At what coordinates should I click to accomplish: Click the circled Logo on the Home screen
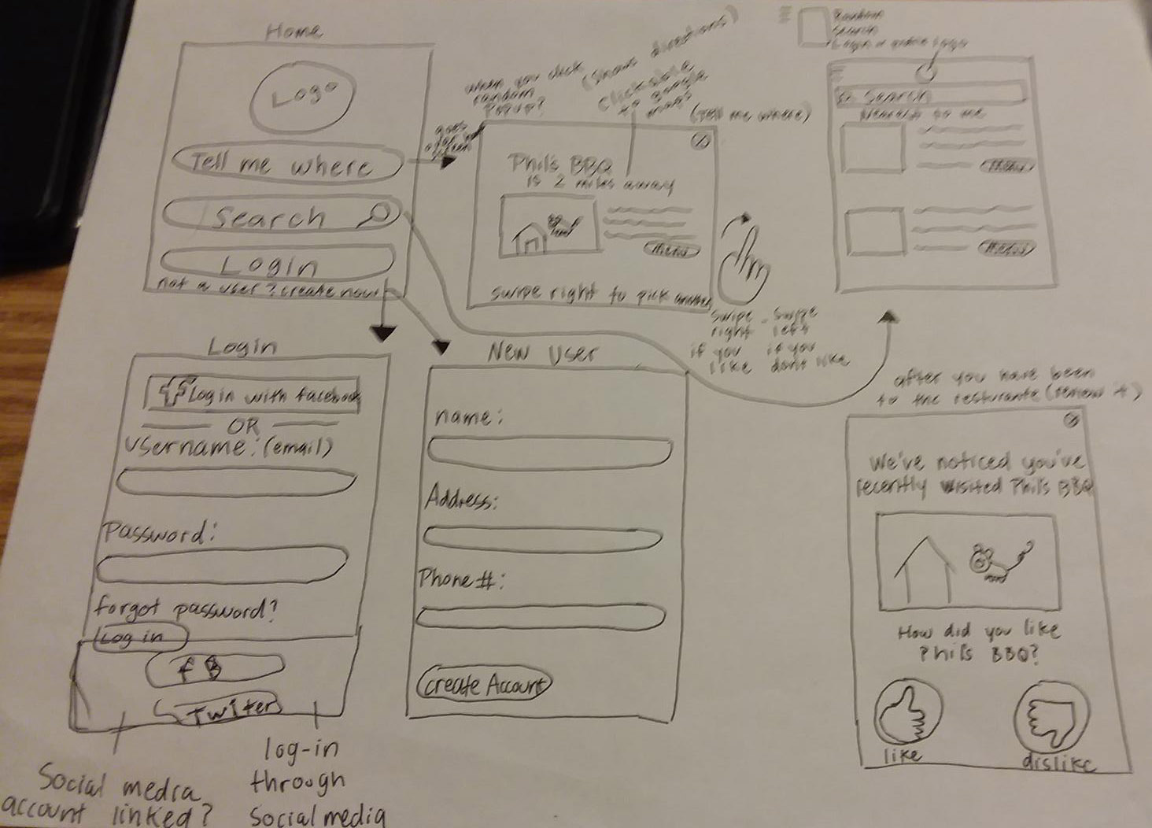[303, 97]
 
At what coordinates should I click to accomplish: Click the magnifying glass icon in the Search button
[379, 213]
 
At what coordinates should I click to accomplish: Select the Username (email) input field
[236, 481]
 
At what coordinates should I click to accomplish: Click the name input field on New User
[549, 452]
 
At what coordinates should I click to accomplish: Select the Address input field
[543, 538]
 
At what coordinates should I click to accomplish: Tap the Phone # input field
[541, 615]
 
